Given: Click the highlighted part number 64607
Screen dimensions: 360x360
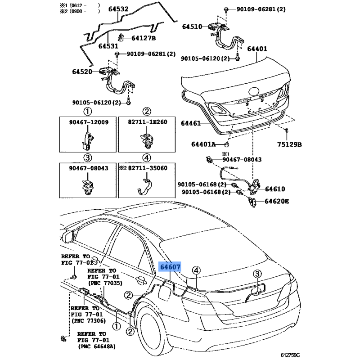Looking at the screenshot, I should tap(170, 267).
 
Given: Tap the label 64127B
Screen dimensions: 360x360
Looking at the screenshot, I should tap(143, 38).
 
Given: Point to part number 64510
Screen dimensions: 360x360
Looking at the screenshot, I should tap(192, 27).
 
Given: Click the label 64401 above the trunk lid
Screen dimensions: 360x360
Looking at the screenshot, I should tap(256, 49).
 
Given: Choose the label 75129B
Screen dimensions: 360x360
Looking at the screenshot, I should tap(288, 144).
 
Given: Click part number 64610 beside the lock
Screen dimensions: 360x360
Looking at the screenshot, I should tap(274, 189).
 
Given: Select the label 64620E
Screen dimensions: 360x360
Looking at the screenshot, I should tap(276, 201).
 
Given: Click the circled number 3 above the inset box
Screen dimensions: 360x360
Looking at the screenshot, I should tap(87, 157).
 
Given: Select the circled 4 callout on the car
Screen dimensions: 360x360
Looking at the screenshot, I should tap(196, 270).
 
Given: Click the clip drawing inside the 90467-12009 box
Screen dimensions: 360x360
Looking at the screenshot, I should tap(87, 139).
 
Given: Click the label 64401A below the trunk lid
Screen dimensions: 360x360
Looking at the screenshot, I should tap(203, 144).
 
